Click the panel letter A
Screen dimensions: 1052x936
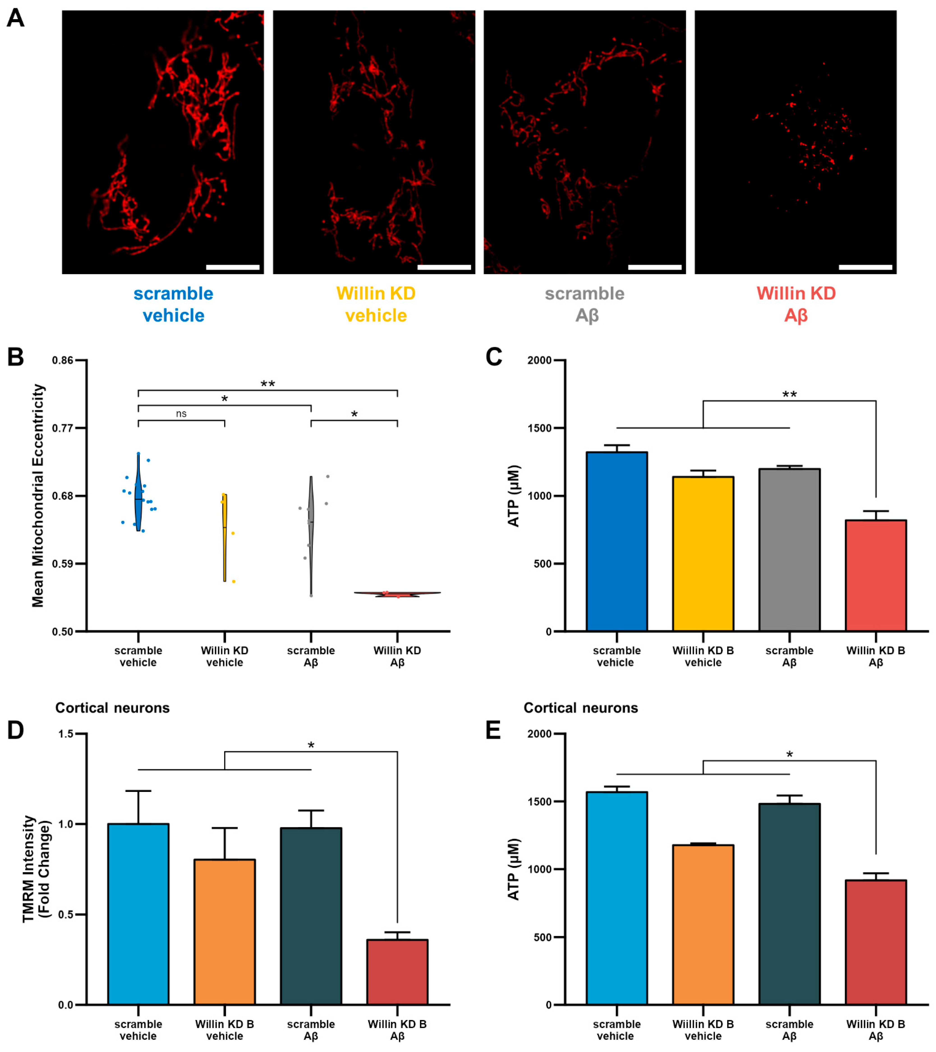(15, 18)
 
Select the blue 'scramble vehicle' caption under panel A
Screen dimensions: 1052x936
(173, 304)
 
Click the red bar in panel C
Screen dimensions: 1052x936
(876, 575)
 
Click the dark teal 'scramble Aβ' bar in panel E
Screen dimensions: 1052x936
(789, 903)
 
